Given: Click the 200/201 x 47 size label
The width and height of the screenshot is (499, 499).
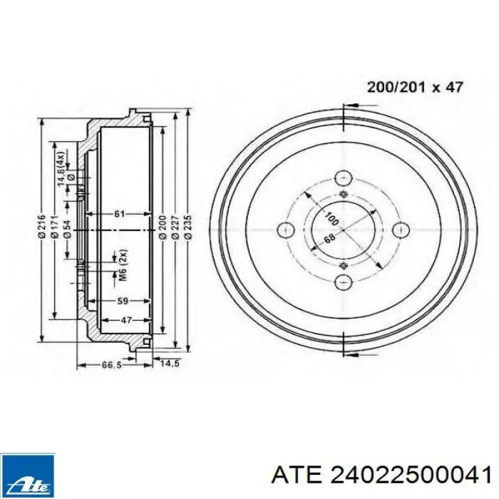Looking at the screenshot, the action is coord(415,87).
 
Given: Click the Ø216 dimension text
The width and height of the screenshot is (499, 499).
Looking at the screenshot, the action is coord(42,227).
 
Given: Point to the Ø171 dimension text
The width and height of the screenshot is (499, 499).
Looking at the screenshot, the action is coord(54,227).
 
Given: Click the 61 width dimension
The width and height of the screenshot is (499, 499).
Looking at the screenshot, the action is coord(119,214).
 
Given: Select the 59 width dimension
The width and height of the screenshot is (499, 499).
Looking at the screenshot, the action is coord(123,301).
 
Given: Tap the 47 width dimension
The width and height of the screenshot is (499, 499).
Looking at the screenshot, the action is coord(126,320).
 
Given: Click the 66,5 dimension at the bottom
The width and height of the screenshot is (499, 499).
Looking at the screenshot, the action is coord(112,365).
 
